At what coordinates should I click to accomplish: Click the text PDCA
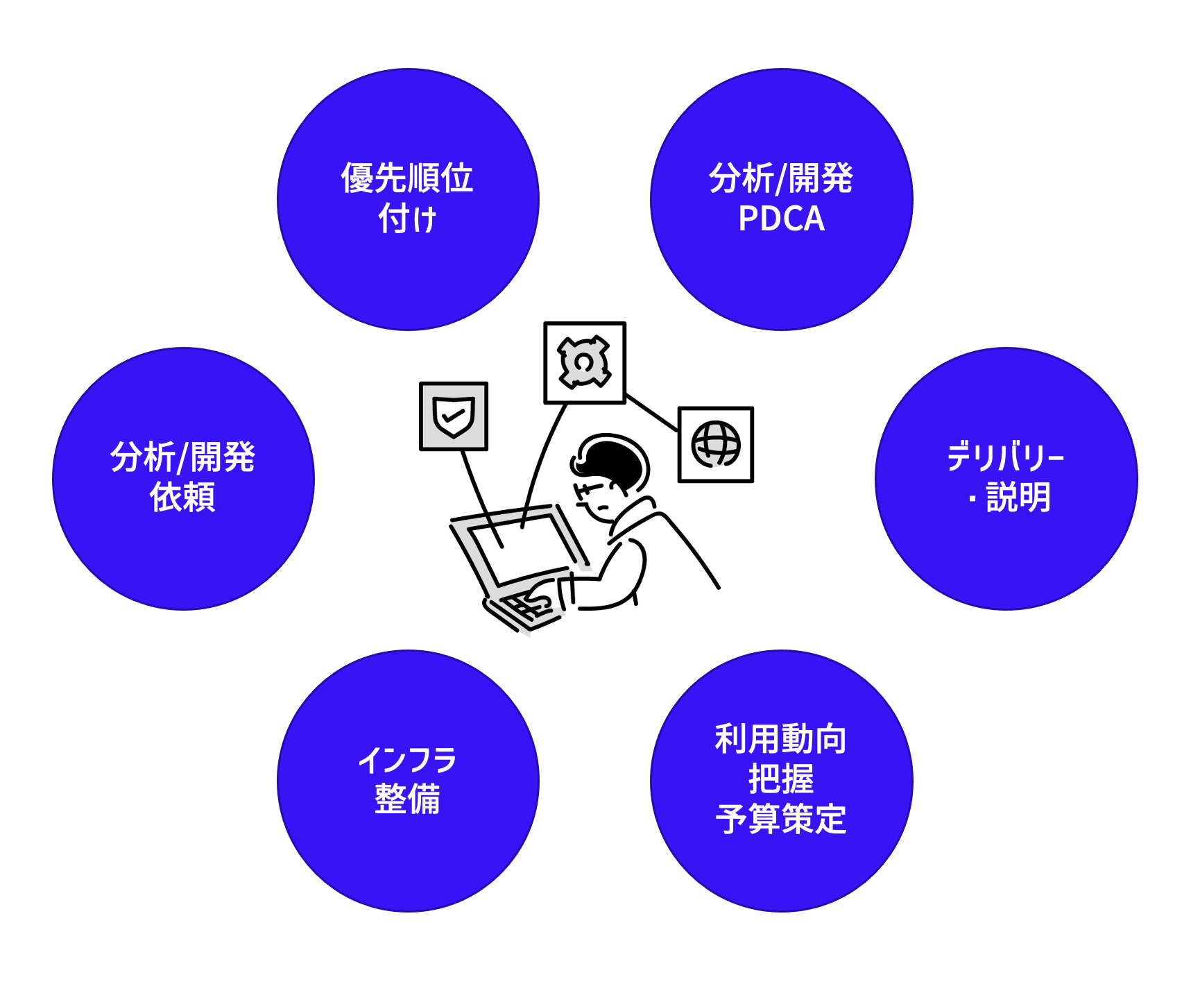point(781,219)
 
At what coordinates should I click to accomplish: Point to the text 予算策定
point(781,820)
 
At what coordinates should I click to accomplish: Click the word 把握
point(781,779)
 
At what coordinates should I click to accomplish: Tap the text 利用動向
point(781,738)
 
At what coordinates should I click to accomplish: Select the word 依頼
point(183,498)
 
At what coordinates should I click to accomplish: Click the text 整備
point(408,799)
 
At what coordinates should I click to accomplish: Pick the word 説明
point(1018,498)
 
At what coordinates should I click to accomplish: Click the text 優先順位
point(408,178)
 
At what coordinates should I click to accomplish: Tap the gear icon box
point(585,362)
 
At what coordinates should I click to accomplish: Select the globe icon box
point(716,445)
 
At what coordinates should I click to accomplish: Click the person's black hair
point(614,458)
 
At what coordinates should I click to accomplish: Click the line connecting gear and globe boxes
point(652,413)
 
